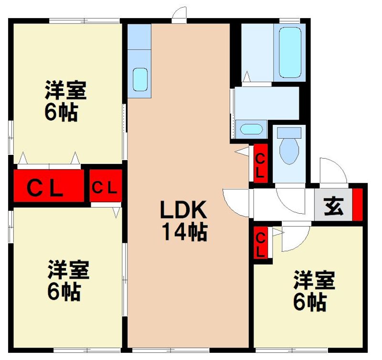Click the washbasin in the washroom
click(251, 130)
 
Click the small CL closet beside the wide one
click(105, 186)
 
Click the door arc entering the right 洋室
click(295, 238)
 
